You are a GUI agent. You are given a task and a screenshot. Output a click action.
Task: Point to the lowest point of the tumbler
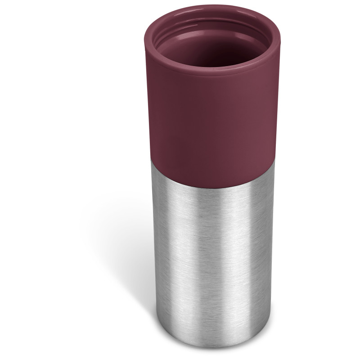[x=211, y=347]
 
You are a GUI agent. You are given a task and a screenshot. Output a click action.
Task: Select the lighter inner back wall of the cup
[x=211, y=31]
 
